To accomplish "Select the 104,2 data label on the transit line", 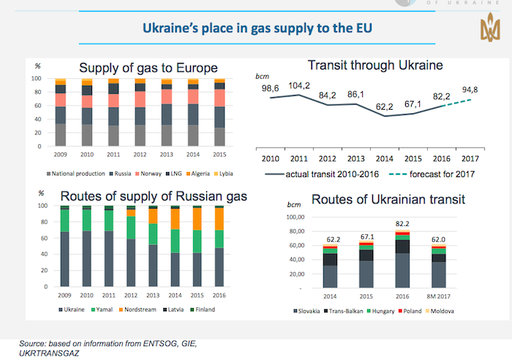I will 298,86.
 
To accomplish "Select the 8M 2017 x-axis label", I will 438,298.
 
